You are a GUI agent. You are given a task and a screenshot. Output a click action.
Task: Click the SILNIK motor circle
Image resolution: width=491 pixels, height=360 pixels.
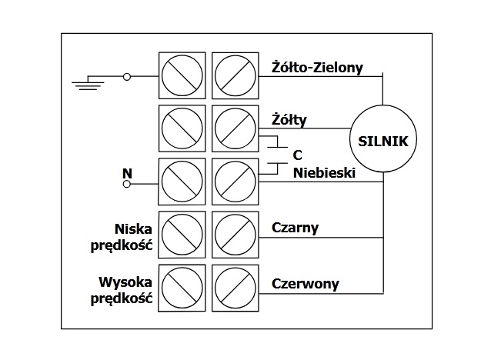tap(382, 141)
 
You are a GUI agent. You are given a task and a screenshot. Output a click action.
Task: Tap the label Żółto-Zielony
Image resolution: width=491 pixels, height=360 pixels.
tap(328, 67)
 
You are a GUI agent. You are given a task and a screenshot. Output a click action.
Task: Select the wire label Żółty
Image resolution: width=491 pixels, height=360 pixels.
tap(289, 120)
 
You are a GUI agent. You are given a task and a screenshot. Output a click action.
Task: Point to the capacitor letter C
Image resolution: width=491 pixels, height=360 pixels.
tap(297, 155)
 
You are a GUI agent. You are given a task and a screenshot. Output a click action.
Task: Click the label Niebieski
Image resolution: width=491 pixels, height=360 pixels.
tap(323, 173)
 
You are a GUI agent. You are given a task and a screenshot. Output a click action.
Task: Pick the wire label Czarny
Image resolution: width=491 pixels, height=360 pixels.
tap(295, 228)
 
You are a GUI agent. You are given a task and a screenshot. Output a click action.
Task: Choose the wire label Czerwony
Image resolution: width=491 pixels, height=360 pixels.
tap(306, 283)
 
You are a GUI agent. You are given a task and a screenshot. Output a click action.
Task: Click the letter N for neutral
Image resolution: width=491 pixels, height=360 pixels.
tap(127, 173)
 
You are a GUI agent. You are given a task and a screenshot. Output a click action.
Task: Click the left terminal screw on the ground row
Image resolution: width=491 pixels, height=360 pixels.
tap(182, 76)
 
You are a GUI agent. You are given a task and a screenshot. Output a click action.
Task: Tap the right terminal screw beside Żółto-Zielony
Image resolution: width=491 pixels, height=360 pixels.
tap(235, 76)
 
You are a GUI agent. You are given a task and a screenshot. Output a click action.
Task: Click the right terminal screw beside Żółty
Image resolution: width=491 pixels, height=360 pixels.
tap(235, 128)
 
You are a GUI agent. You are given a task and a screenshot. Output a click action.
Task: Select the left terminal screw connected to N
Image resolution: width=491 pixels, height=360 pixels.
tap(182, 182)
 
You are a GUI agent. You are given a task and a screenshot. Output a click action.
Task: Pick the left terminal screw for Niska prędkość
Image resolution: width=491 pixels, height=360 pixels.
tap(182, 235)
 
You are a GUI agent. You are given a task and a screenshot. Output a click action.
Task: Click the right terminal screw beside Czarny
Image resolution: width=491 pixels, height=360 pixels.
tap(235, 235)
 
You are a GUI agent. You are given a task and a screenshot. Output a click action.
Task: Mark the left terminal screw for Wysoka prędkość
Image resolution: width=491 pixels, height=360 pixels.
tap(182, 288)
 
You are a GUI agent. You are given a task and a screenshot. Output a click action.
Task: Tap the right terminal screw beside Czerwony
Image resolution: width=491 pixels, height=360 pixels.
tap(235, 288)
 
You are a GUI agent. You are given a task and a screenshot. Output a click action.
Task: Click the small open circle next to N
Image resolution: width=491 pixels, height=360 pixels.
tap(128, 185)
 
